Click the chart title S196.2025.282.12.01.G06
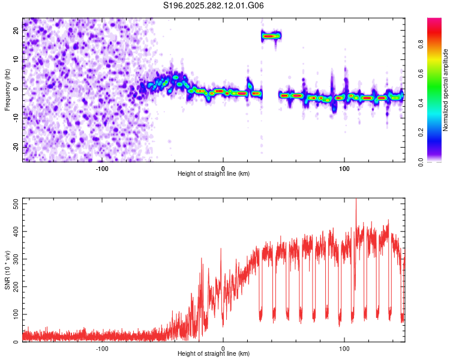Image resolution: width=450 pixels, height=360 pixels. click(x=214, y=5)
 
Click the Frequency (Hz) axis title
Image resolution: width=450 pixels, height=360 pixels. click(x=7, y=89)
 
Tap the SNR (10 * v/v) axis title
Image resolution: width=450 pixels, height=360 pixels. click(x=7, y=271)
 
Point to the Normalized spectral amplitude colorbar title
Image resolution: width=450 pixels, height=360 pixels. click(x=446, y=90)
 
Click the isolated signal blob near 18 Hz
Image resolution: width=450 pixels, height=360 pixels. click(x=271, y=36)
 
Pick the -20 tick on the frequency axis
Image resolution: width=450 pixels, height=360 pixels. click(x=14, y=146)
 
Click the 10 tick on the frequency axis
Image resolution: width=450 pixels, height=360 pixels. click(x=16, y=59)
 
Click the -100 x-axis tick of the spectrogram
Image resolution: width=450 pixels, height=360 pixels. click(x=102, y=168)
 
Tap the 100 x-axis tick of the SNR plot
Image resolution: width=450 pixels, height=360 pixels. click(x=344, y=349)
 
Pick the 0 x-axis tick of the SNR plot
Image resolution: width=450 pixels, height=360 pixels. click(x=223, y=349)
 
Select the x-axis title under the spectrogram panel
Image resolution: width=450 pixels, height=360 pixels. click(x=214, y=174)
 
